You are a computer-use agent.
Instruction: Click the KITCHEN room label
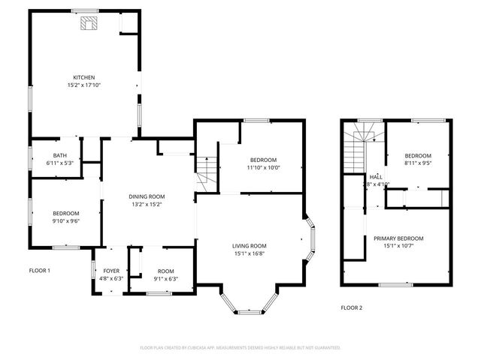click(83, 78)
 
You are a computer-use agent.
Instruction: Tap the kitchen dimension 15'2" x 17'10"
click(83, 85)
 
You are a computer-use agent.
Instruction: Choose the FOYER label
click(110, 271)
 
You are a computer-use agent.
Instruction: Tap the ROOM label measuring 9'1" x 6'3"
click(165, 271)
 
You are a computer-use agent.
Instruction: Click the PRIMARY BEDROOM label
click(398, 238)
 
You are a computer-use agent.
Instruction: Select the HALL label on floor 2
click(376, 176)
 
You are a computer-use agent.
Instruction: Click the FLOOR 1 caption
click(39, 270)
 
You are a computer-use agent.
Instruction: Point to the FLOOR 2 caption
click(351, 307)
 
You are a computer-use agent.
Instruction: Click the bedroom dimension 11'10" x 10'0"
click(263, 167)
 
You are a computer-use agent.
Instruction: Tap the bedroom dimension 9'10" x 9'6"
click(65, 220)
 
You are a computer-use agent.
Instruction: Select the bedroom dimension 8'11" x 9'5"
click(419, 163)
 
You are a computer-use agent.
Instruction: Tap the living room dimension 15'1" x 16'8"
click(250, 253)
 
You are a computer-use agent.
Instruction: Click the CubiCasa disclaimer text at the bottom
click(240, 347)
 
